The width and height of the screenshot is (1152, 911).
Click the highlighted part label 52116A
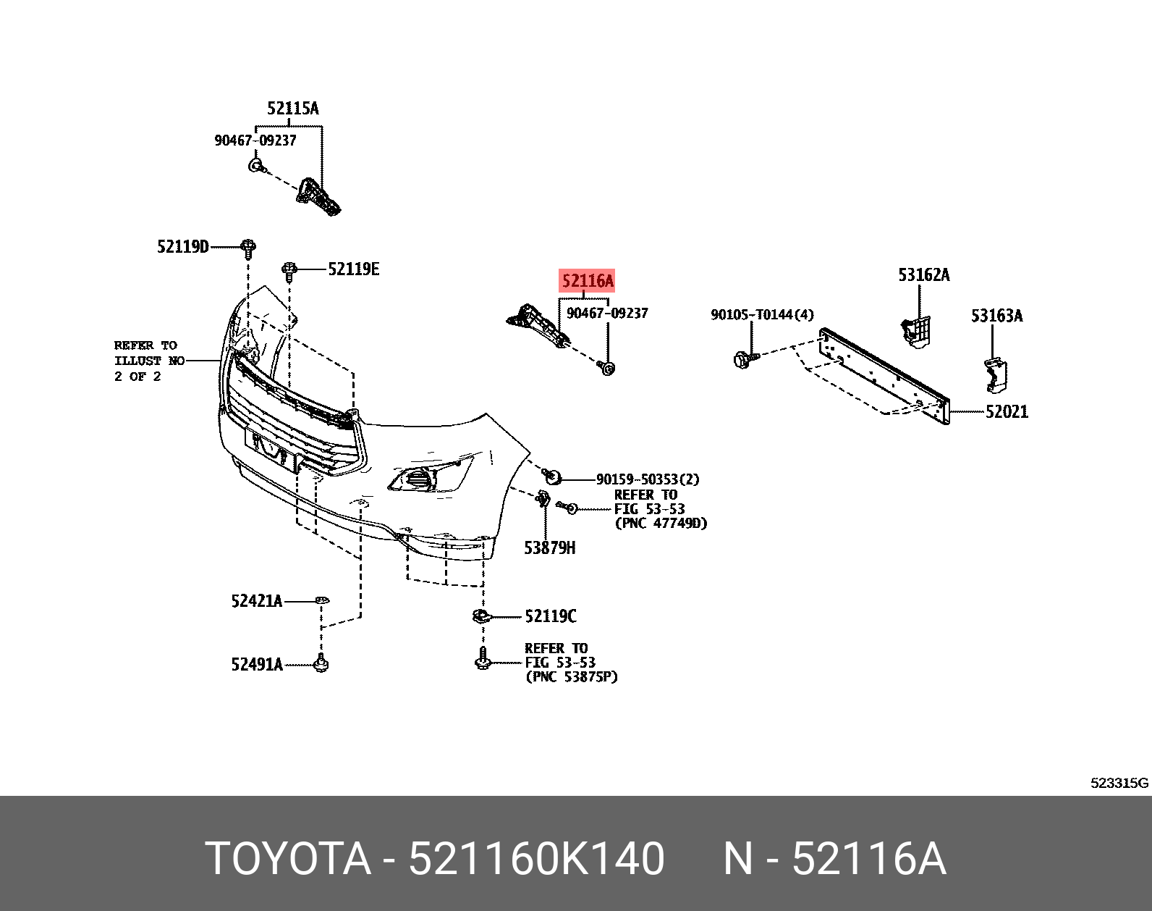[588, 281]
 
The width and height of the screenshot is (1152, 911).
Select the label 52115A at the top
[292, 109]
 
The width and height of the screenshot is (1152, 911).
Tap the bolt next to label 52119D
[248, 248]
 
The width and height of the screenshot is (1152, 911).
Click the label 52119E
[353, 269]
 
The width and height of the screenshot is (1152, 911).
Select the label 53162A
[923, 275]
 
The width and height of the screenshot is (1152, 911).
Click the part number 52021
[1007, 412]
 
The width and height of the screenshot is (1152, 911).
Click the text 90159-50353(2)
[647, 479]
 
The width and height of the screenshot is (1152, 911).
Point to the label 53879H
[549, 548]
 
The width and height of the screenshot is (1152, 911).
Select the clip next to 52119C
[480, 617]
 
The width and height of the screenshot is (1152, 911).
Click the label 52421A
[257, 601]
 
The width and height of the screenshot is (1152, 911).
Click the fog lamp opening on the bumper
[417, 479]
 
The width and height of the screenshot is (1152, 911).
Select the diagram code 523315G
[1119, 783]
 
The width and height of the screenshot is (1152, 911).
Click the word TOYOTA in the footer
[287, 859]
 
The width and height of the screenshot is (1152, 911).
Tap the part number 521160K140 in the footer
[536, 859]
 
